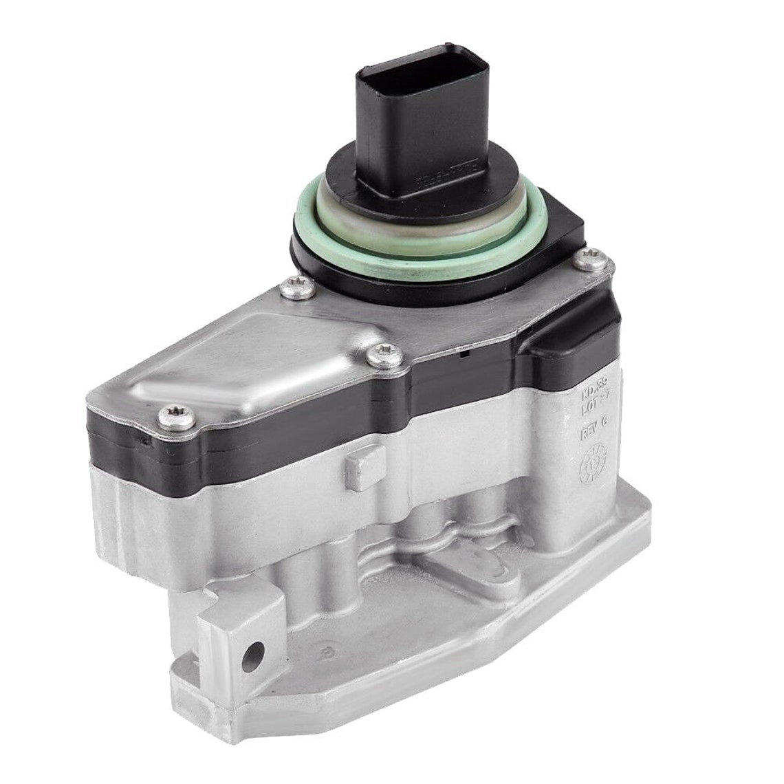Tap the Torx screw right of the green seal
coord(588,258)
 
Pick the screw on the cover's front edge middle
coord(377,355)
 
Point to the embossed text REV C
coord(593,433)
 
